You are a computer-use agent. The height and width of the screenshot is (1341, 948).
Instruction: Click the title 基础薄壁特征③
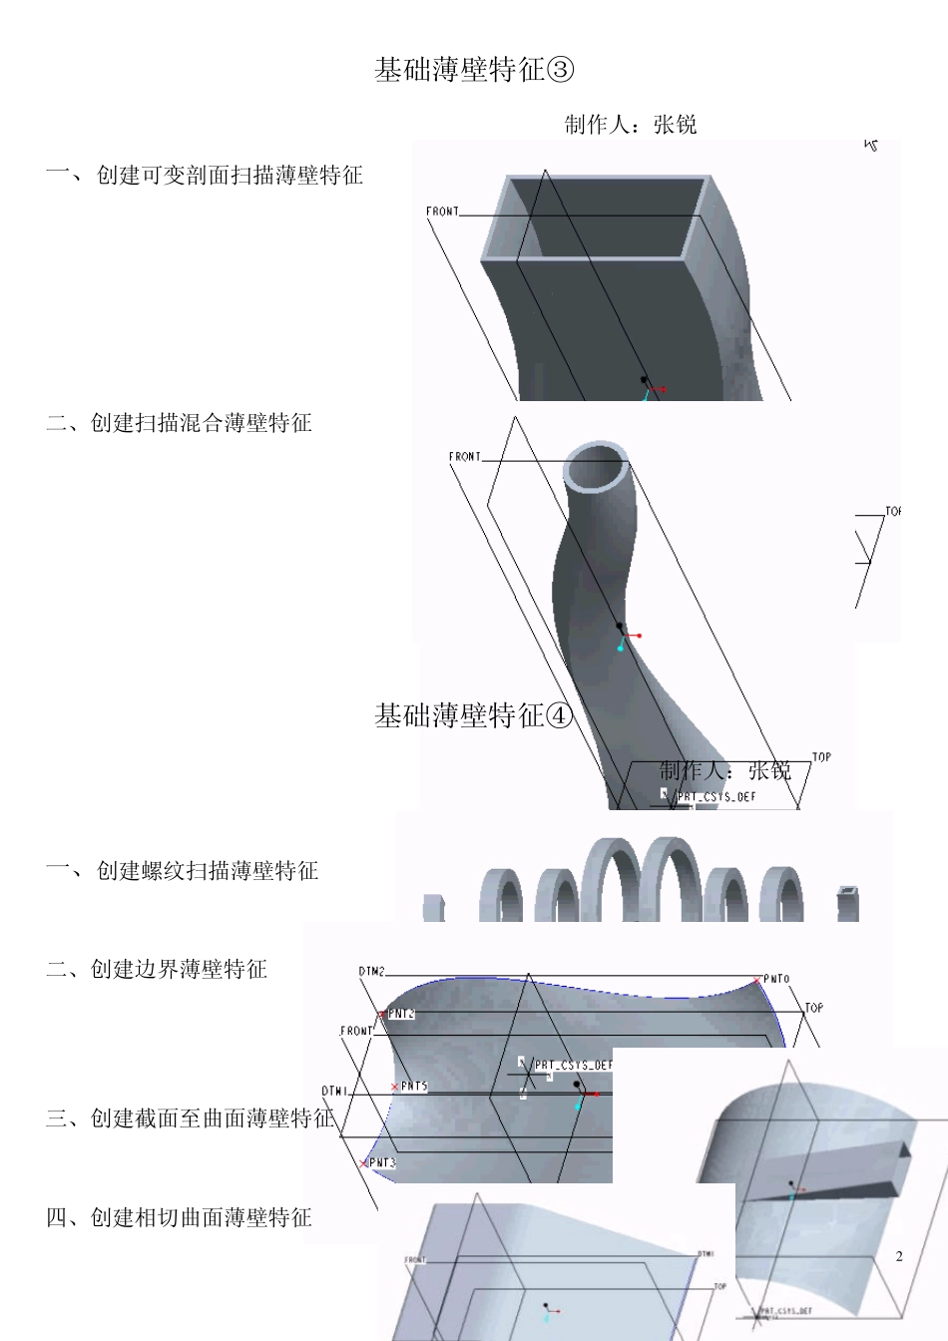pyautogui.click(x=475, y=70)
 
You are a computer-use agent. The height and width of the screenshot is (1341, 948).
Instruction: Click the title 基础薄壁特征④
pyautogui.click(x=475, y=715)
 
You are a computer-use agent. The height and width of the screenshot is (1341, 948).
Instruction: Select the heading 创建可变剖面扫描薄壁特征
pyautogui.click(x=229, y=176)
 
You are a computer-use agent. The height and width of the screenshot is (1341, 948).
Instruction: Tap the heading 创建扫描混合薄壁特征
pyautogui.click(x=201, y=423)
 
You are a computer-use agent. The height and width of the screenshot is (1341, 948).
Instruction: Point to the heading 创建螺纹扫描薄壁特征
pyautogui.click(x=207, y=871)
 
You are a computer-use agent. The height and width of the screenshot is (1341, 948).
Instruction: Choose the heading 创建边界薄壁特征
pyautogui.click(x=179, y=969)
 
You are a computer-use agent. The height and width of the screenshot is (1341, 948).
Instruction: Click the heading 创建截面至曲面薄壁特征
pyautogui.click(x=190, y=1118)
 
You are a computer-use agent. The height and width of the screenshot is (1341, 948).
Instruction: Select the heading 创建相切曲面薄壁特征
pyautogui.click(x=201, y=1217)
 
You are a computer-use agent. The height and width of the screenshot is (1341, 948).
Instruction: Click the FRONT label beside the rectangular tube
pyautogui.click(x=442, y=212)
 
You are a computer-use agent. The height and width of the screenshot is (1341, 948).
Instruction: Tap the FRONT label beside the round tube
pyautogui.click(x=464, y=457)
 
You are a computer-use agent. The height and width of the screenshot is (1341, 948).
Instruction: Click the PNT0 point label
pyautogui.click(x=776, y=980)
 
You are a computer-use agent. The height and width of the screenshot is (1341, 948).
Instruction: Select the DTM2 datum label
pyautogui.click(x=371, y=971)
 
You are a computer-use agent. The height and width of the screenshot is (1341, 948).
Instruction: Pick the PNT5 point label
pyautogui.click(x=414, y=1087)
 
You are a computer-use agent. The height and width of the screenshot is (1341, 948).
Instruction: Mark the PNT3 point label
pyautogui.click(x=382, y=1163)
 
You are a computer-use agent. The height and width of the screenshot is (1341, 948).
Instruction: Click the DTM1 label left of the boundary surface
pyautogui.click(x=334, y=1092)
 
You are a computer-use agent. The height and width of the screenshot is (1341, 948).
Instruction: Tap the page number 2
pyautogui.click(x=899, y=1256)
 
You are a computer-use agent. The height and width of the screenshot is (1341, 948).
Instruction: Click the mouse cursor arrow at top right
pyautogui.click(x=871, y=146)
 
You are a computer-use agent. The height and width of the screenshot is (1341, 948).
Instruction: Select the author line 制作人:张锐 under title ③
pyautogui.click(x=631, y=125)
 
